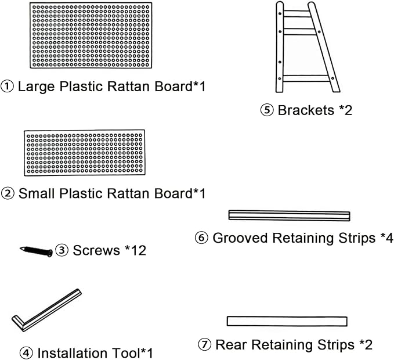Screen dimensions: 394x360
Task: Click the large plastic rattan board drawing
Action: (x=91, y=35)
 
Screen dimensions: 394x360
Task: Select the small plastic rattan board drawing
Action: (x=85, y=153)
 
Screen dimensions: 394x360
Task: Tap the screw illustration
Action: (x=37, y=251)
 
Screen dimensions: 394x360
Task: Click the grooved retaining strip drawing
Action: (x=289, y=215)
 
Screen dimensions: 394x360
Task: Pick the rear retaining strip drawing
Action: (x=287, y=321)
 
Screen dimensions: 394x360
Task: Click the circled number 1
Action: (x=8, y=87)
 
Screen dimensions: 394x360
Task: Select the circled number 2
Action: (x=8, y=194)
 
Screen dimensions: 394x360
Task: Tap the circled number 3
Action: (x=62, y=250)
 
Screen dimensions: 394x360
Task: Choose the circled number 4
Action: (x=26, y=353)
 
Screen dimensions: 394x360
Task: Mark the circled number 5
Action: (x=266, y=110)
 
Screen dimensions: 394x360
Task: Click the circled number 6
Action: (x=201, y=238)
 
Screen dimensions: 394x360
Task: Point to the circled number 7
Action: (x=204, y=344)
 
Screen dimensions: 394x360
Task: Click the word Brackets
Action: (x=306, y=110)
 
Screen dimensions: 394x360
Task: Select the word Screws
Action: (x=96, y=250)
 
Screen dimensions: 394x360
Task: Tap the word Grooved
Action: (x=240, y=238)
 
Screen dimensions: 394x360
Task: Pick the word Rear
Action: (x=231, y=345)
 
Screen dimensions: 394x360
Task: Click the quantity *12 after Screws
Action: (x=135, y=250)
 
